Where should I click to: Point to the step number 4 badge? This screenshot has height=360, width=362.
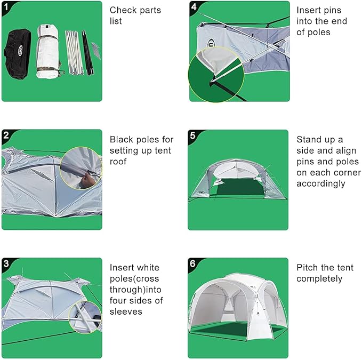194,7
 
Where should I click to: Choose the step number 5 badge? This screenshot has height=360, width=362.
194,135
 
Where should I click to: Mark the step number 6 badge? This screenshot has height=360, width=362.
194,263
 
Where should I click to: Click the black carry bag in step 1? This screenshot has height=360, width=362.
19,53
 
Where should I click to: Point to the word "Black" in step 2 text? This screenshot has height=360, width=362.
122,140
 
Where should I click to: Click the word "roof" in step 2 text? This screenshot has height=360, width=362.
118,161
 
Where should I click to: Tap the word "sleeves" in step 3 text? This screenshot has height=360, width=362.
126,311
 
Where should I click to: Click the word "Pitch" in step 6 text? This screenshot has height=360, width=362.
308,268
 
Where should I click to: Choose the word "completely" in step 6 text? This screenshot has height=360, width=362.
319,278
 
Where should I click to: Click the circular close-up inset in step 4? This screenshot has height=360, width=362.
215,74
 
